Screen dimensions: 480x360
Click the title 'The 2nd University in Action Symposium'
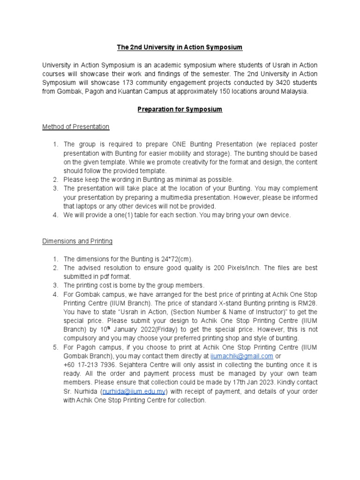pos(180,47)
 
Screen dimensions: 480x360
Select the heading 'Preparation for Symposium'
pos(180,109)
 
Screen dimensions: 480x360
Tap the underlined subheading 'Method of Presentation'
pos(75,127)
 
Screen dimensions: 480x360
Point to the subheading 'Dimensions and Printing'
pos(77,241)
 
